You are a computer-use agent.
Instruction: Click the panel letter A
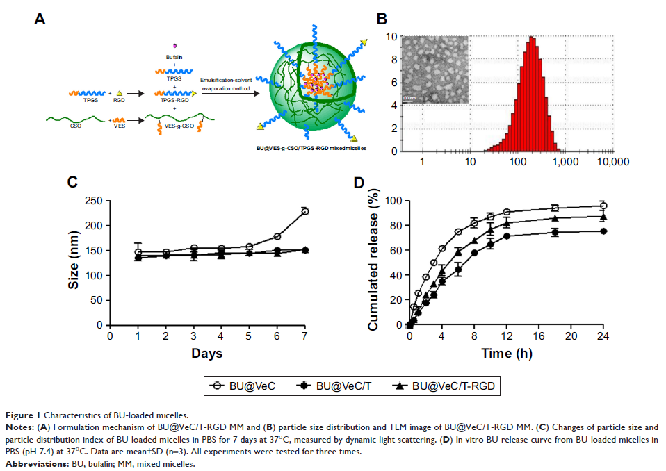[x=40, y=20]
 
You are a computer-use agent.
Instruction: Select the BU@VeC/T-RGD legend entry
[x=445, y=385]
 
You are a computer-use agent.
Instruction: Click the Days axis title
[x=206, y=354]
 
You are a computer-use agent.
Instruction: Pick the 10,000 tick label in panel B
[x=614, y=162]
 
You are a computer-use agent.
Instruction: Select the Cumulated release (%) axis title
[x=373, y=263]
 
